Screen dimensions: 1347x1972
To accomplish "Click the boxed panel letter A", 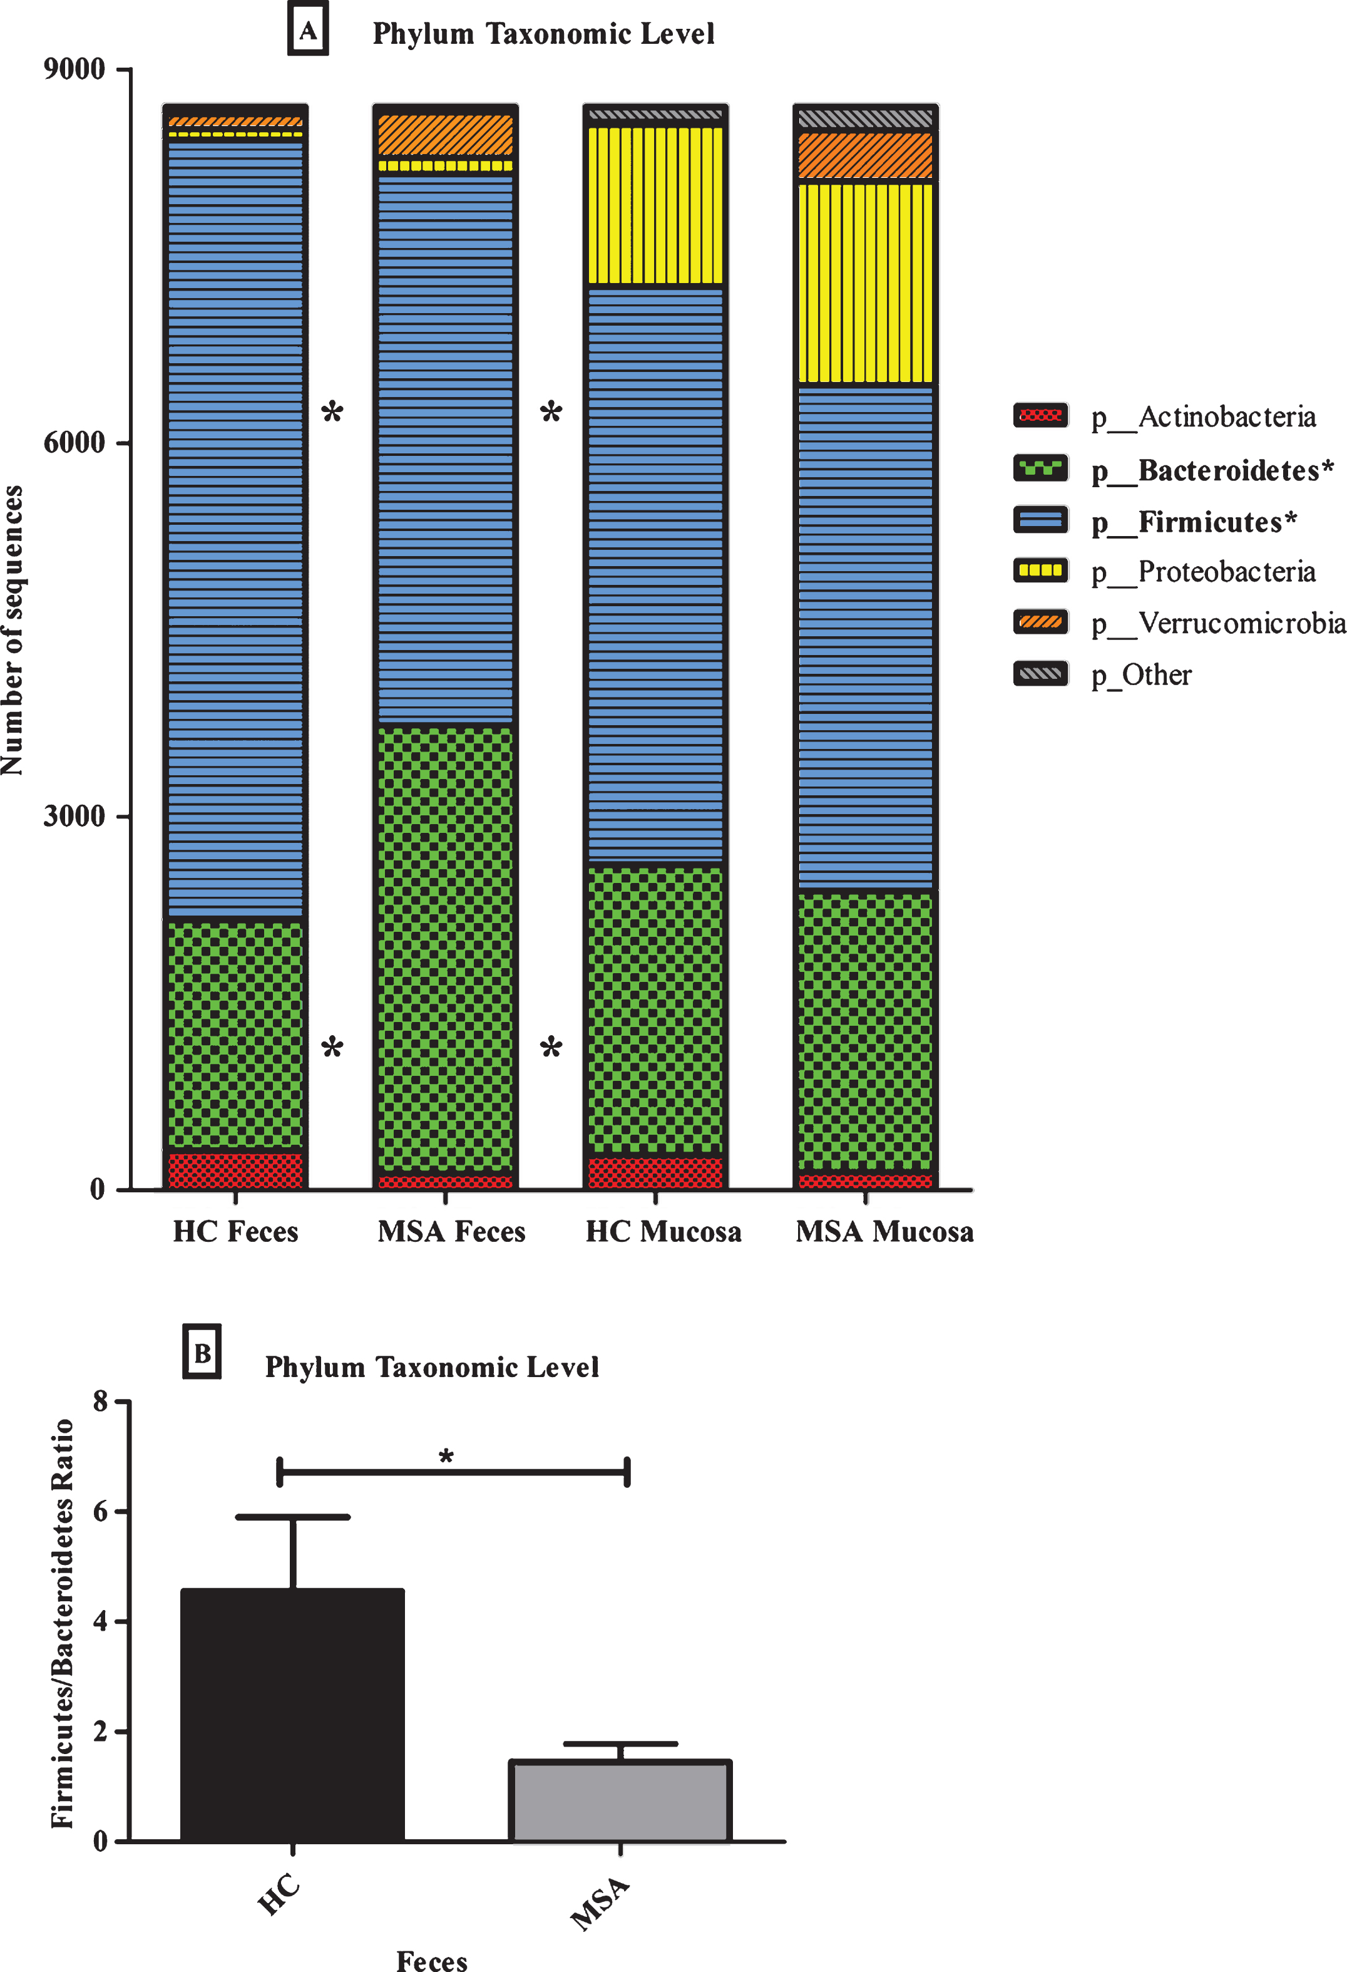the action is (308, 31).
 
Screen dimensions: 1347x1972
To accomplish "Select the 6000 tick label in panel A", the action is (74, 442).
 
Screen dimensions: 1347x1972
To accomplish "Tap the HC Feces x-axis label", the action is (236, 1232).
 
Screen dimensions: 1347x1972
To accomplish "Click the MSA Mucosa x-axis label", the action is (884, 1232).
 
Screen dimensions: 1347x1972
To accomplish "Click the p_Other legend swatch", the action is (1040, 674).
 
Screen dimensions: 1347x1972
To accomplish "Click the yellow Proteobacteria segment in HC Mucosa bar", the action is (656, 205).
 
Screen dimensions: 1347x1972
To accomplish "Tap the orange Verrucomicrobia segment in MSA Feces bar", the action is (445, 135).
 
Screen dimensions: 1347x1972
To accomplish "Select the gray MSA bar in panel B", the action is (620, 1800).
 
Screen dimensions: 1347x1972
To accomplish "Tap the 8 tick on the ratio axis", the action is (101, 1401).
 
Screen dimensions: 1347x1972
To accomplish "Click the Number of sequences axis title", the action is (13, 629).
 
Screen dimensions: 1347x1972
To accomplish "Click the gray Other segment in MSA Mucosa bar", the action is (865, 118).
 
